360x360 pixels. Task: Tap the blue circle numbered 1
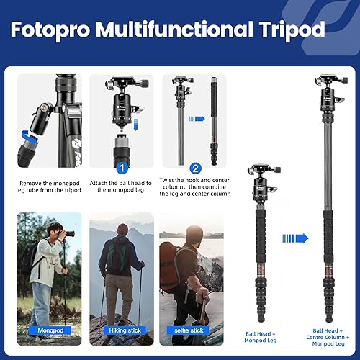point(122,167)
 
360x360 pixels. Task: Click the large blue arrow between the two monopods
point(295,238)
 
